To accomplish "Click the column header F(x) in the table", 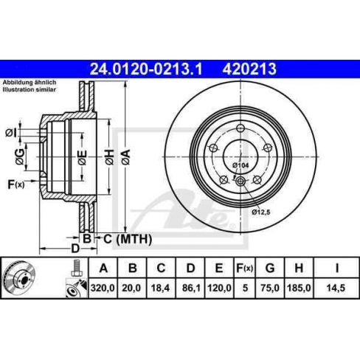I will pyautogui.click(x=245, y=266).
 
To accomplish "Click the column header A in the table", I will pyautogui.click(x=103, y=266).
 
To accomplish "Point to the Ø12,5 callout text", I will pyautogui.click(x=263, y=212).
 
